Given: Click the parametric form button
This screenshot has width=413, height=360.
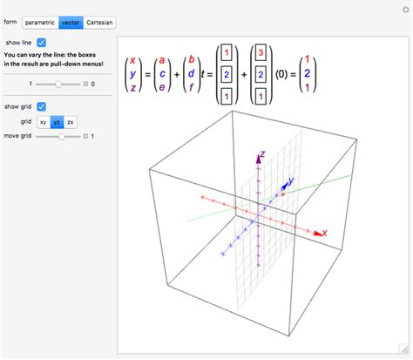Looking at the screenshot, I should (x=40, y=21).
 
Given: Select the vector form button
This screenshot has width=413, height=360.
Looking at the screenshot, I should (x=71, y=21).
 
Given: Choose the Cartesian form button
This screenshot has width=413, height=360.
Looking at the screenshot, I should (x=99, y=21).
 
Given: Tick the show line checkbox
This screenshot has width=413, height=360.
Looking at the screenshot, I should (x=42, y=42).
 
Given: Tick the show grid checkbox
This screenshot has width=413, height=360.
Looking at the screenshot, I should (x=42, y=106).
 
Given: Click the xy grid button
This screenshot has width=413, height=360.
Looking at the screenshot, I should (x=43, y=122).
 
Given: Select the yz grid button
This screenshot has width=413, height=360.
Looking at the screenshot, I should (x=56, y=122).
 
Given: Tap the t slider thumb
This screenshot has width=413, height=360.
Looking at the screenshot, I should (x=58, y=84).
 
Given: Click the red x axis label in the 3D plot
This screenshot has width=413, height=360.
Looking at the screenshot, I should (x=323, y=234).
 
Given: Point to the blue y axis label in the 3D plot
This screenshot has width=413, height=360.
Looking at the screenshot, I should (x=290, y=181).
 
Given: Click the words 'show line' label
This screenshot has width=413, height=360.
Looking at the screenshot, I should (x=18, y=42).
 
